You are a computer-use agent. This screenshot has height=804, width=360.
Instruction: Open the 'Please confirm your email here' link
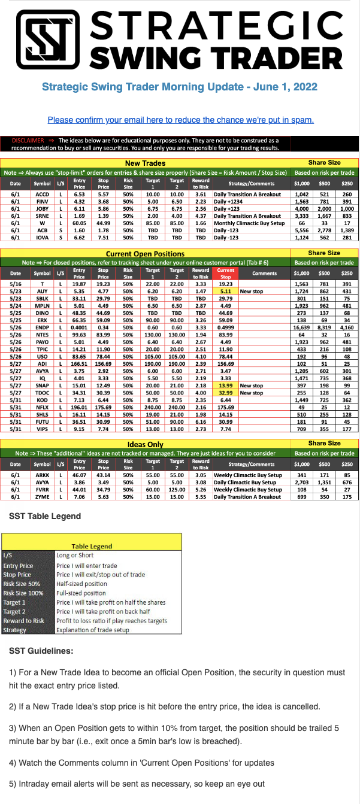click(x=180, y=120)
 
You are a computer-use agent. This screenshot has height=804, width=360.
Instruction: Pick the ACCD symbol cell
click(x=43, y=195)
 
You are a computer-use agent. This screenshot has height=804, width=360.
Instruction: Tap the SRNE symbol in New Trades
click(x=43, y=216)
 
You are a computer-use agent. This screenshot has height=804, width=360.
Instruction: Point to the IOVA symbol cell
click(x=43, y=237)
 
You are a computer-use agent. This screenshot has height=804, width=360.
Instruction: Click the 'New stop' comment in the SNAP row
click(x=251, y=369)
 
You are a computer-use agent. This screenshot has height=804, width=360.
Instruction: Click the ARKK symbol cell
click(x=43, y=475)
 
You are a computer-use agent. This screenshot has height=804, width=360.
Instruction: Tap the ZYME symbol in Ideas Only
click(x=43, y=496)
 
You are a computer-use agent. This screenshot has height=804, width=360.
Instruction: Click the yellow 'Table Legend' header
click(x=92, y=546)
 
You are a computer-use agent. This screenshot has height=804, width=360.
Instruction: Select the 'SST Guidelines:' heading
click(x=41, y=650)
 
